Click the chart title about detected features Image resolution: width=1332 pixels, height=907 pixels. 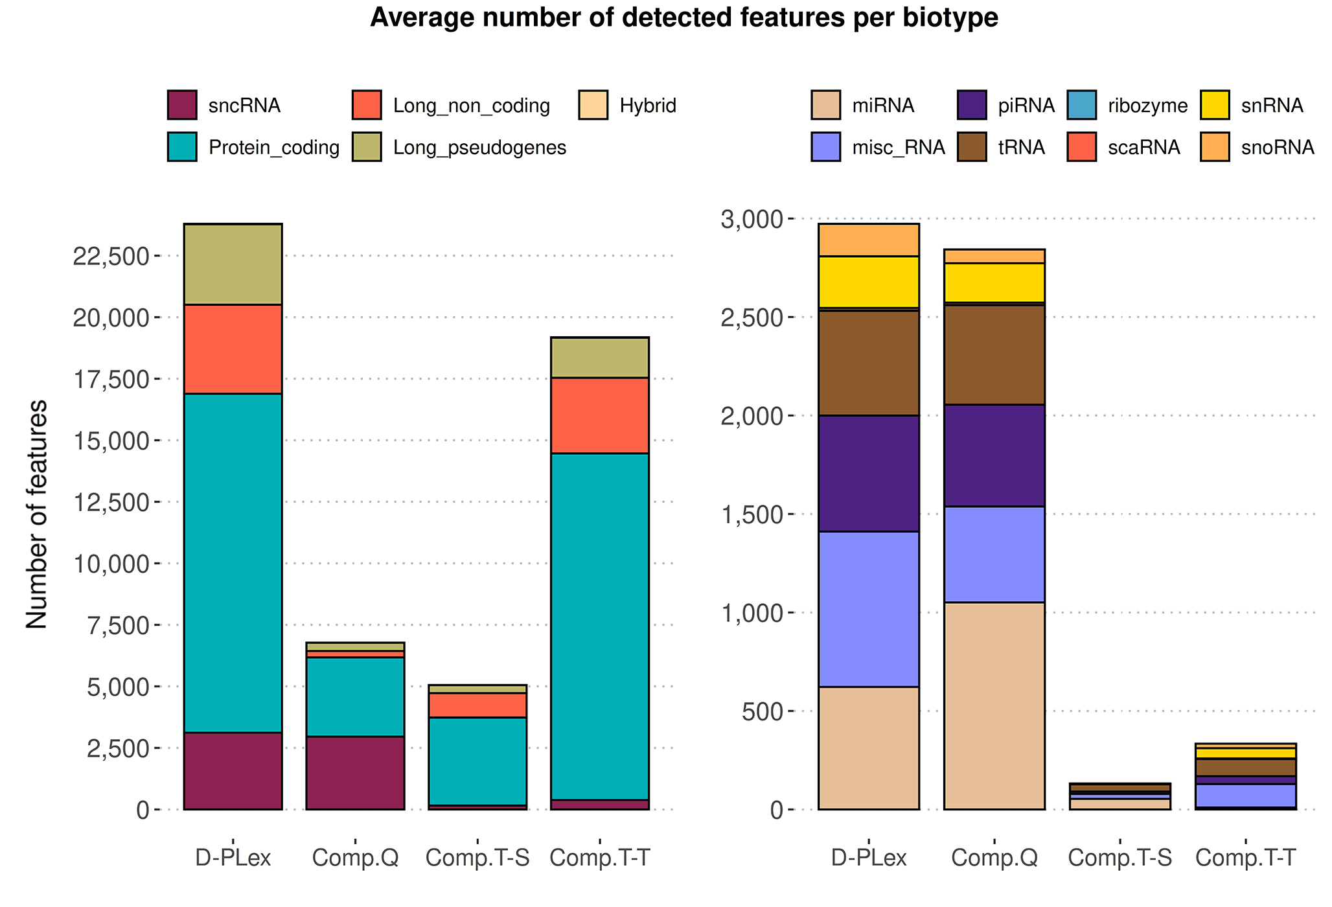coord(683,19)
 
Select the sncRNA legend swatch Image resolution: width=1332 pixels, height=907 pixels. coord(181,105)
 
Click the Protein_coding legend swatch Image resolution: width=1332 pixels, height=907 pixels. coord(181,147)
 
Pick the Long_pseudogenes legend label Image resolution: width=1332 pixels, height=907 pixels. coord(479,148)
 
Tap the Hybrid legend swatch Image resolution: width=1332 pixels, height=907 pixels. coord(593,105)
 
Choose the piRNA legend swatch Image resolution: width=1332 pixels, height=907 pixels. coord(972,105)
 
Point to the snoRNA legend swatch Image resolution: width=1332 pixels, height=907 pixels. coord(1215,147)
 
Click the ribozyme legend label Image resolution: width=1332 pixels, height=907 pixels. coord(1147,105)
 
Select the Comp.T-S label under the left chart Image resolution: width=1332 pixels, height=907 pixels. coord(477,858)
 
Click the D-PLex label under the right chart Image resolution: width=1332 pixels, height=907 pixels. coord(869,858)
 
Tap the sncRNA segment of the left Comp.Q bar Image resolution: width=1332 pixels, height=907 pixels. coord(355,772)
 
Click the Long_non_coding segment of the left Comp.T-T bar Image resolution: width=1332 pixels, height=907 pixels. coord(599,415)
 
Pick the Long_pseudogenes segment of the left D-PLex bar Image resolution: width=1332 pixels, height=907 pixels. coord(233,264)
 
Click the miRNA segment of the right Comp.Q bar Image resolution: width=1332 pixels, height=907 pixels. coord(994,706)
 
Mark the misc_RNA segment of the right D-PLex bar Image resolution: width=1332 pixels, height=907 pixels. coord(869,609)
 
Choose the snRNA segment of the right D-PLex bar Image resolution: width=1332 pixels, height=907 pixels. coord(869,282)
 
